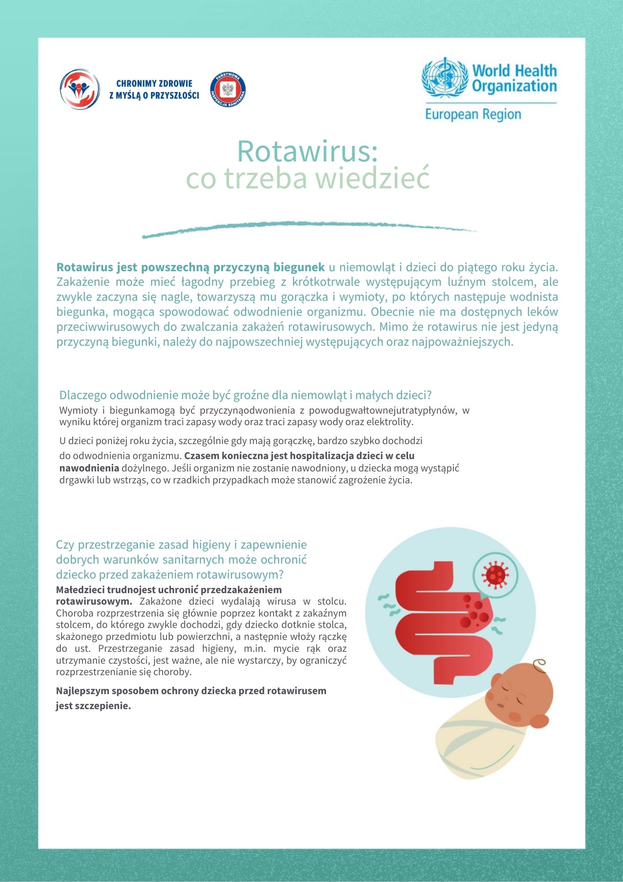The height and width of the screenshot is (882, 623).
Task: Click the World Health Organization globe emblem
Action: [x=444, y=78]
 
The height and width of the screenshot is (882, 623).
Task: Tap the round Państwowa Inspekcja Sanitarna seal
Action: [x=228, y=90]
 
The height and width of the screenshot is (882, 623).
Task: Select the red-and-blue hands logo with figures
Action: [x=80, y=89]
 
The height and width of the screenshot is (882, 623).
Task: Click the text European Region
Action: [x=473, y=114]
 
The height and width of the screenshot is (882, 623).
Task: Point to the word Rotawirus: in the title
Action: [x=308, y=151]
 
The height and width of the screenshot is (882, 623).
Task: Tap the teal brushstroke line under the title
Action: [x=308, y=228]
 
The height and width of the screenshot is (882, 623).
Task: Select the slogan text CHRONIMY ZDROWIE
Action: [x=154, y=83]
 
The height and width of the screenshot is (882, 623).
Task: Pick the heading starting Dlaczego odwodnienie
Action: [x=245, y=395]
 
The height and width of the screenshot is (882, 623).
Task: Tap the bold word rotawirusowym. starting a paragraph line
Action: [x=94, y=601]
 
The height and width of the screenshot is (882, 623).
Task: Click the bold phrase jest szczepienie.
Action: [x=93, y=706]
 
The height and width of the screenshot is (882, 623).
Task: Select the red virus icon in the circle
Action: [x=495, y=575]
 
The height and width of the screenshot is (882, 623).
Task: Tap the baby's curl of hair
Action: [x=539, y=665]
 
